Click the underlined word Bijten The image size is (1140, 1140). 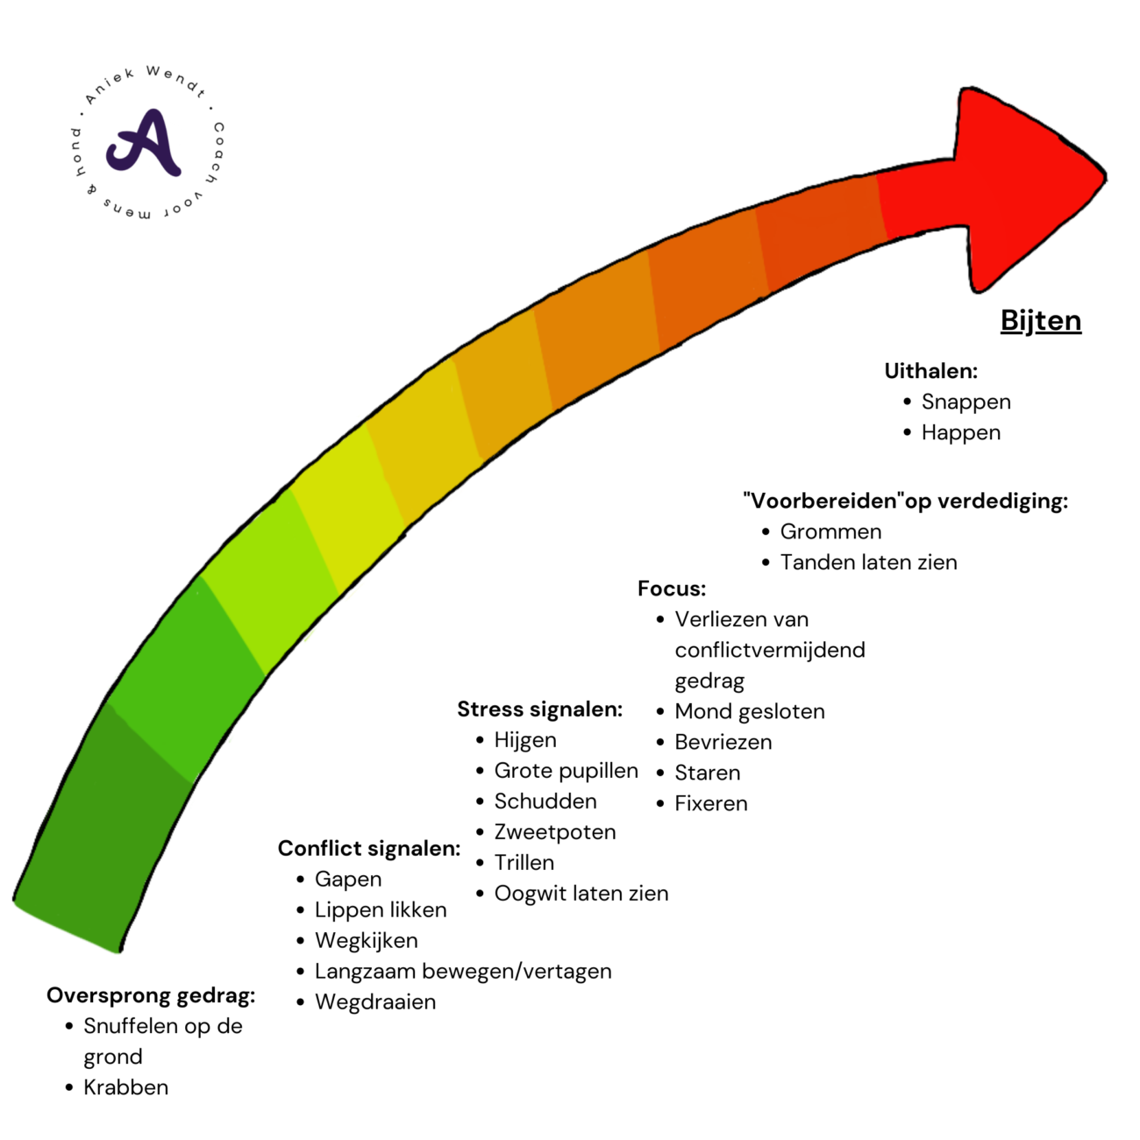coord(1040,321)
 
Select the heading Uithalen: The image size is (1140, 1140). coord(930,371)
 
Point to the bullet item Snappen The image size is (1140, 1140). coord(965,402)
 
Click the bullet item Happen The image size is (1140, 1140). coord(960,432)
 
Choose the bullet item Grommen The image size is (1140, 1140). coord(830,531)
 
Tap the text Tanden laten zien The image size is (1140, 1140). coord(868,562)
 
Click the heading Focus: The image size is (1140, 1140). coord(671,588)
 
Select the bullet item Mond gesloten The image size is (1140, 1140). coord(749,711)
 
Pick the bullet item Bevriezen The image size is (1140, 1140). coord(723,742)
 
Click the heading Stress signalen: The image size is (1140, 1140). coord(539,709)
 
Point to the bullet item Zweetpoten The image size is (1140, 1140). coord(554,831)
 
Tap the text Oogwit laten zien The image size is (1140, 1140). coord(581,893)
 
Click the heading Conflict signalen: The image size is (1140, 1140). coord(368,848)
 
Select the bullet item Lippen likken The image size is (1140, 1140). coord(380,909)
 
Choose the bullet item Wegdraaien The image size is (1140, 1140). coord(374,1001)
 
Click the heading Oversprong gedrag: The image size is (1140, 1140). coord(151,995)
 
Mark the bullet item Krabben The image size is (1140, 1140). coord(125,1087)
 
